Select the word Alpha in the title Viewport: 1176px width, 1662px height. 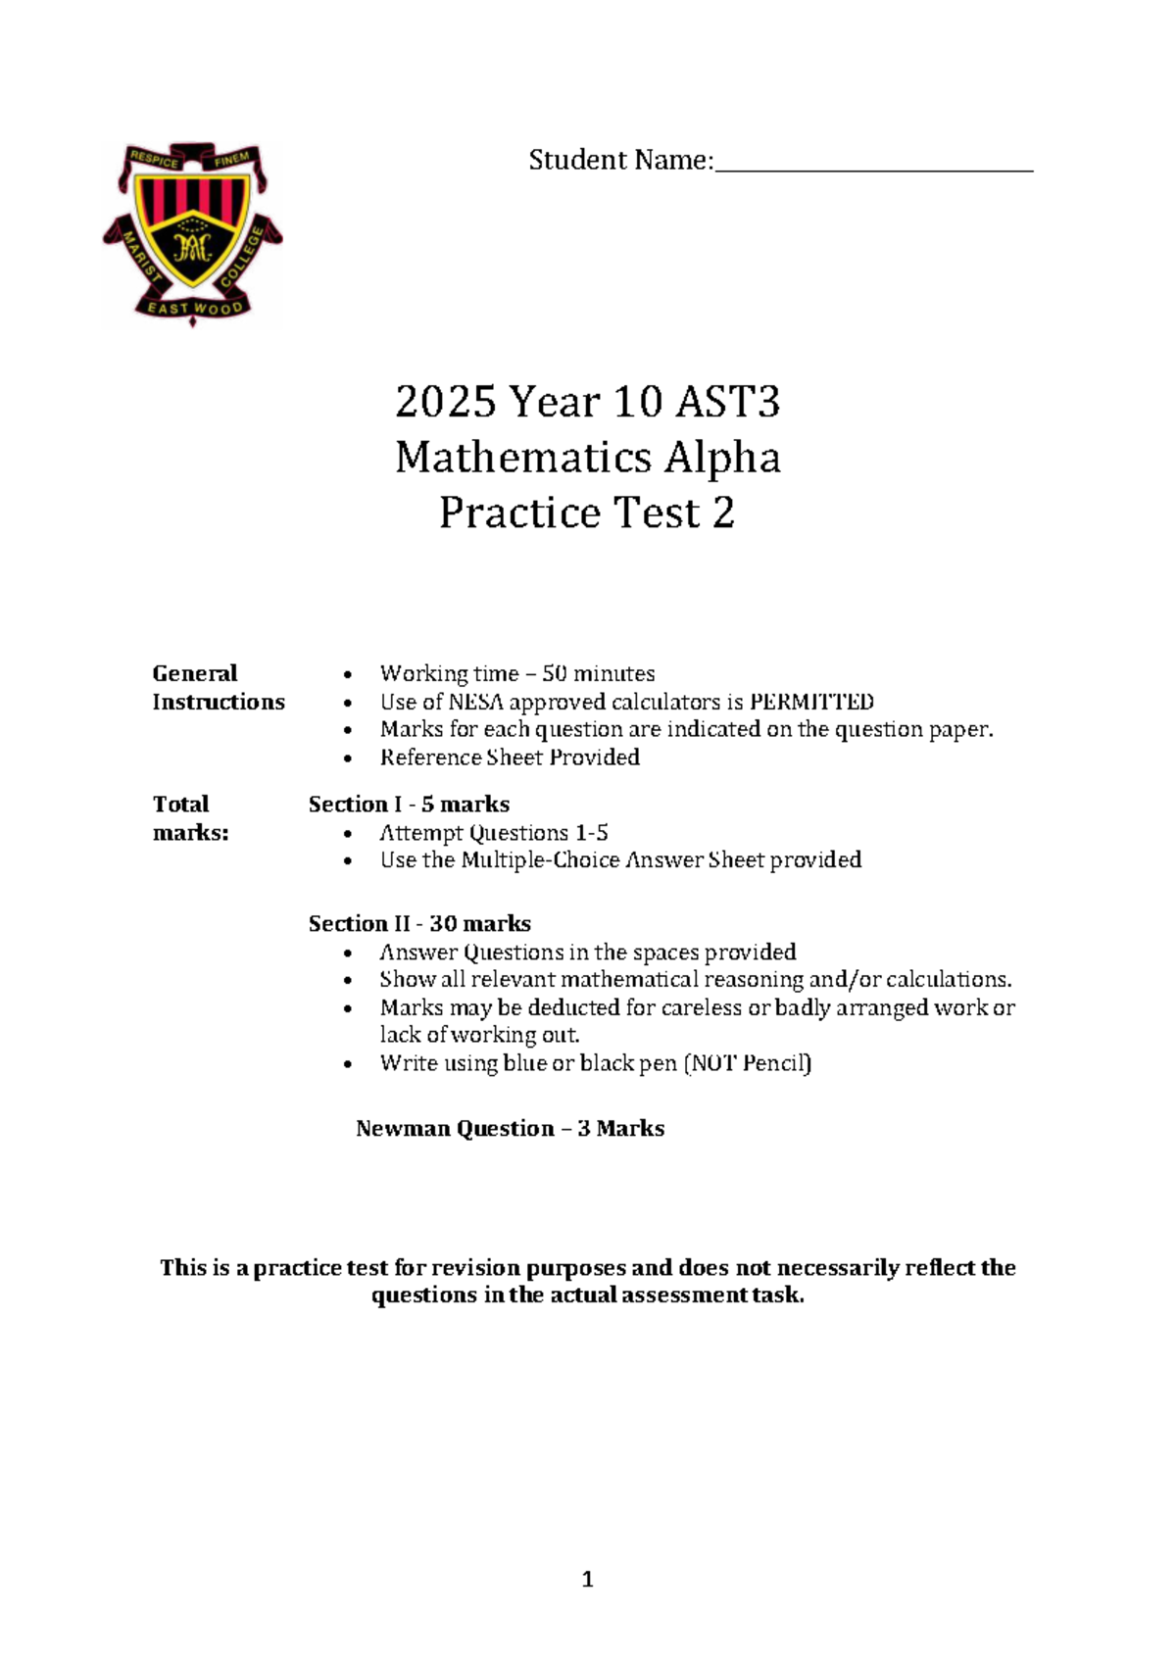point(723,458)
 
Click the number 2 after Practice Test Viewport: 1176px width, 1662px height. point(723,513)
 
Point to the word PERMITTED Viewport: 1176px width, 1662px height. point(811,702)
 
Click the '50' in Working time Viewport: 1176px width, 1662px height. point(554,674)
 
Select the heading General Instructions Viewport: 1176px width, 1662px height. point(218,687)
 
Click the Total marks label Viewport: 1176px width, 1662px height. point(190,818)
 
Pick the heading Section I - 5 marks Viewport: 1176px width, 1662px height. point(409,805)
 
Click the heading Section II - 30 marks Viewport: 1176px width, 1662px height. point(419,923)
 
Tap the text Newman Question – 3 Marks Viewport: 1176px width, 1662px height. point(510,1129)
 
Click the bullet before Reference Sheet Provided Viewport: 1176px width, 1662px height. point(348,758)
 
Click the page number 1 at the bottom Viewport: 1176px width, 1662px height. point(587,1579)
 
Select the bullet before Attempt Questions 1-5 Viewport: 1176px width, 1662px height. point(348,834)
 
